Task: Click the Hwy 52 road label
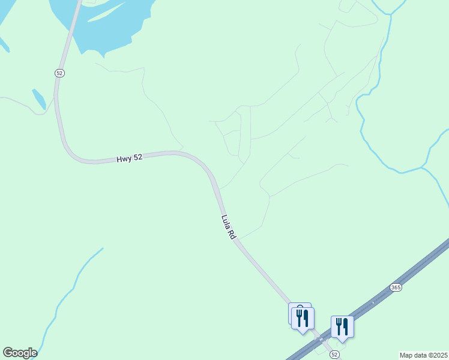(129, 158)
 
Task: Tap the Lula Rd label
(228, 227)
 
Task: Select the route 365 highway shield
(395, 287)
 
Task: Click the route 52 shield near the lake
(59, 73)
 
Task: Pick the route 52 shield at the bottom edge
(334, 355)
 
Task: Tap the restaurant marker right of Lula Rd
(342, 327)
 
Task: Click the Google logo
(20, 353)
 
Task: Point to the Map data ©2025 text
(423, 355)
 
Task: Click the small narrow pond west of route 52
(39, 98)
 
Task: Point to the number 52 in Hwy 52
(137, 157)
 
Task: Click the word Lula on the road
(225, 223)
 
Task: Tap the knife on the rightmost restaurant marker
(346, 326)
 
